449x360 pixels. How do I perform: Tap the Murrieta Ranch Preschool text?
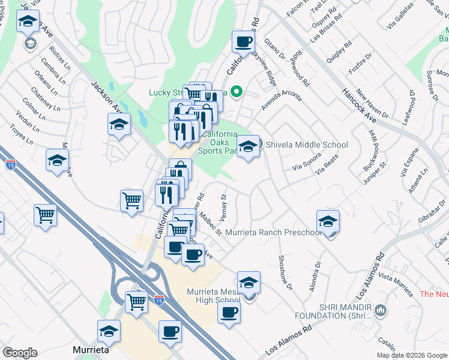coord(274,233)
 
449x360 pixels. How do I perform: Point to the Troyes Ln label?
coord(22,137)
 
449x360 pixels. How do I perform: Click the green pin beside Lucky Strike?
coord(237,92)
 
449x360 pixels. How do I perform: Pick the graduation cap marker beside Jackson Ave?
coord(119,125)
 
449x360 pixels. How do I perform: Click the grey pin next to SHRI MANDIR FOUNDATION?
coord(379,310)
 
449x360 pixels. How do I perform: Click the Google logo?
coord(20,353)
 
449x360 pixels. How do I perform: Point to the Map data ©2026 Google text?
coord(411,355)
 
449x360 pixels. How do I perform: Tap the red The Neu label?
coord(434,294)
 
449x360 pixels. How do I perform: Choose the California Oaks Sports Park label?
coord(218,142)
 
